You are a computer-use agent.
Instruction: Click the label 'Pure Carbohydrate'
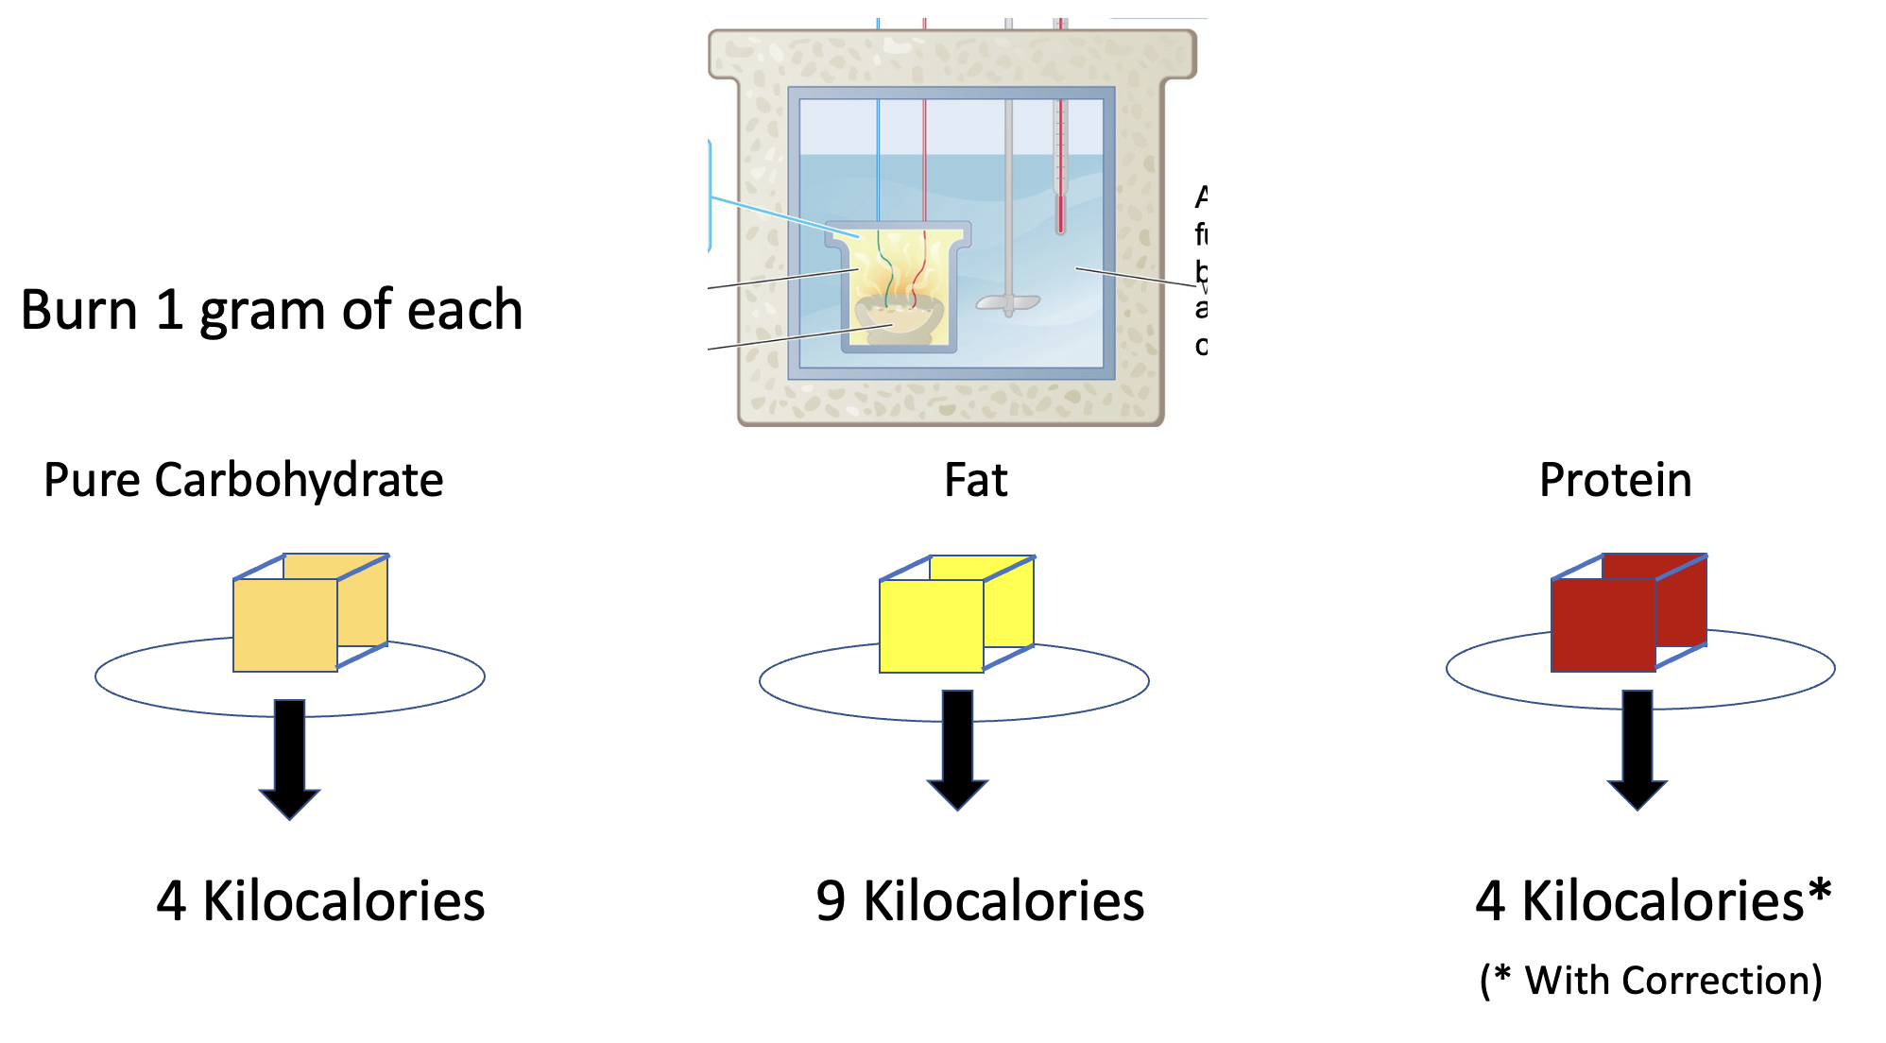(x=244, y=480)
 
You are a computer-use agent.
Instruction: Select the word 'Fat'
(x=975, y=480)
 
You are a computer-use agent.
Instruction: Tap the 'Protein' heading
(x=1615, y=480)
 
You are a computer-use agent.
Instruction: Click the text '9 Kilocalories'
(x=980, y=900)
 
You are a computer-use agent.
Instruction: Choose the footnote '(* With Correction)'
(x=1651, y=981)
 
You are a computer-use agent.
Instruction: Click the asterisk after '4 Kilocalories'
(x=1820, y=890)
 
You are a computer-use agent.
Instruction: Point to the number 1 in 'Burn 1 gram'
(x=169, y=310)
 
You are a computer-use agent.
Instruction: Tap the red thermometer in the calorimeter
(x=1060, y=170)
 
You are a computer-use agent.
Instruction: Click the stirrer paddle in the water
(x=1007, y=303)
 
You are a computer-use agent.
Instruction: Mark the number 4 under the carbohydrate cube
(x=171, y=900)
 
